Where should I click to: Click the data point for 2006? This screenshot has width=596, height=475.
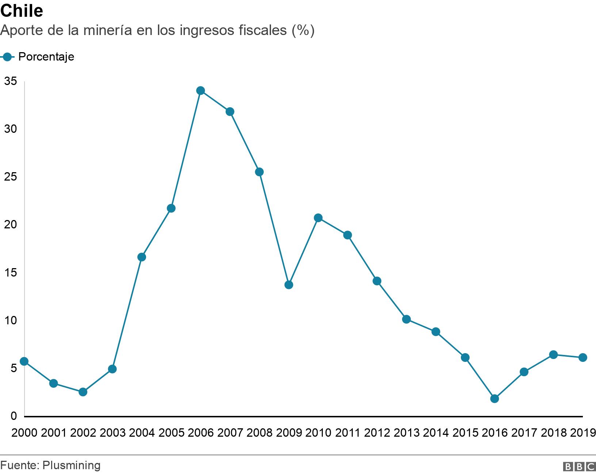point(200,90)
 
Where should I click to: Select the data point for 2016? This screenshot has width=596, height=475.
point(494,398)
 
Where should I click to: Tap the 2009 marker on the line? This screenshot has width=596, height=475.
point(289,285)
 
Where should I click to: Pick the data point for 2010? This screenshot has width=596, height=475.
point(318,218)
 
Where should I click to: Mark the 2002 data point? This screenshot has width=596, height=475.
point(83,392)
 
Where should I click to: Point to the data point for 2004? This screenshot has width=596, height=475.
point(142,257)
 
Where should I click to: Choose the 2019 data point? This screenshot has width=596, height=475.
point(582,358)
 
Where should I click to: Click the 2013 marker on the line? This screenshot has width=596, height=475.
point(406,319)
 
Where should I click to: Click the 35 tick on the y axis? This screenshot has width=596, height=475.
point(10,81)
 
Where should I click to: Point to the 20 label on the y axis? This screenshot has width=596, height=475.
point(10,225)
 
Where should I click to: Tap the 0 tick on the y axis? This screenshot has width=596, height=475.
point(14,416)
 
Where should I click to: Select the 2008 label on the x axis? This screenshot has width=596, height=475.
point(259,433)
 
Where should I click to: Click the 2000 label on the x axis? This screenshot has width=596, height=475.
point(24,433)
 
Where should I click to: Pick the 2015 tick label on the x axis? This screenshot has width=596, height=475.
point(465,433)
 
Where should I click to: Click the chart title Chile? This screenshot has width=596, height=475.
point(22,11)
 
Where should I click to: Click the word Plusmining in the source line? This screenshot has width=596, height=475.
point(71,466)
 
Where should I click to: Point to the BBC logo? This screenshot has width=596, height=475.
point(579,466)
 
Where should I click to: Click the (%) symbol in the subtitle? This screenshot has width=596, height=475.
point(303,31)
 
